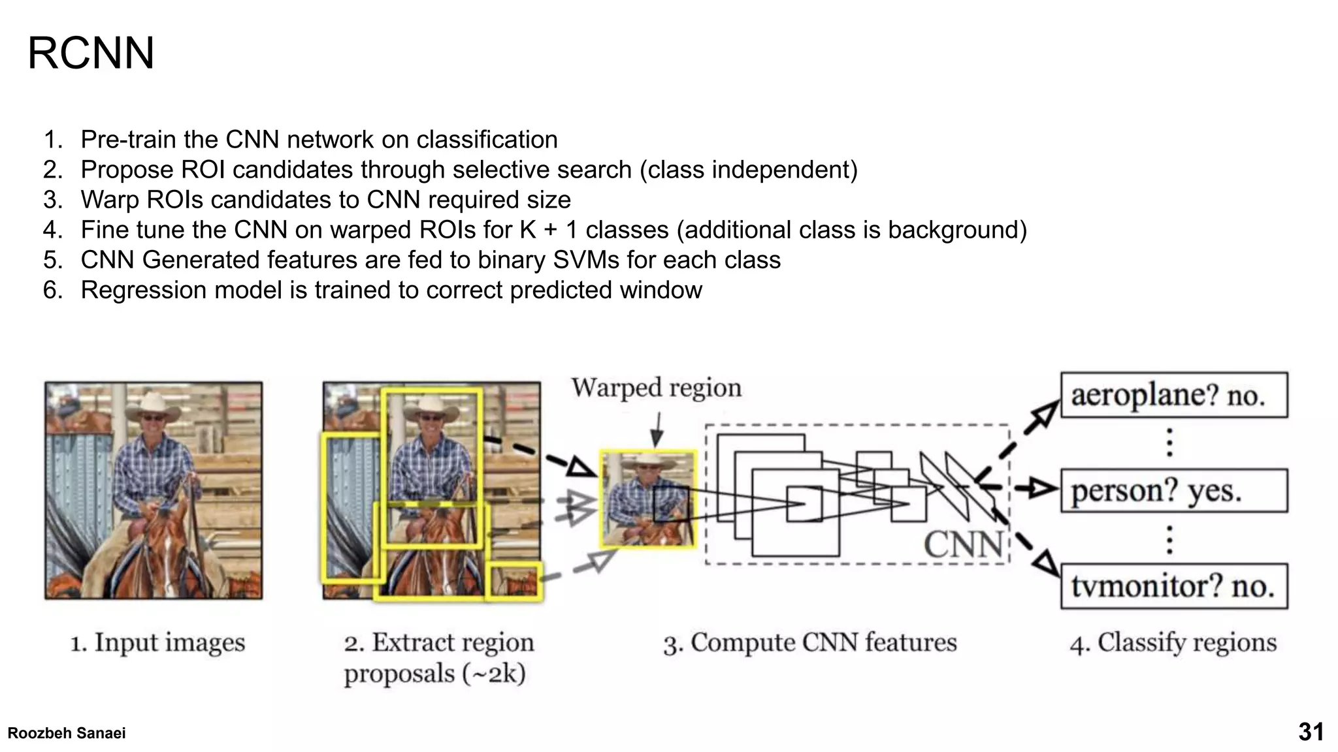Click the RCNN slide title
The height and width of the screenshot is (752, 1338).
[91, 53]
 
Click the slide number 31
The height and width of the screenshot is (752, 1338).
[1311, 732]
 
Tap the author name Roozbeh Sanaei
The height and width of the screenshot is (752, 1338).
[67, 733]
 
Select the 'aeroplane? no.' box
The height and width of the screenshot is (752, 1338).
[1173, 395]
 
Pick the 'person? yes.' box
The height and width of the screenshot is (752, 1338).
[1173, 490]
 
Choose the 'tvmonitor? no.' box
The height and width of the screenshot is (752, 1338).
[1173, 586]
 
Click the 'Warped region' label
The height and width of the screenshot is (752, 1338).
[656, 388]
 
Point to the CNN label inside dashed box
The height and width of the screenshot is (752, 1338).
[963, 544]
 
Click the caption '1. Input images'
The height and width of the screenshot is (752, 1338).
[157, 642]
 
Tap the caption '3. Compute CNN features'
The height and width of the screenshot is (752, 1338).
[809, 642]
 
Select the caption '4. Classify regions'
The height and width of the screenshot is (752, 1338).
[1173, 642]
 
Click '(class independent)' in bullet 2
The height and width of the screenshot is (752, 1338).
[748, 170]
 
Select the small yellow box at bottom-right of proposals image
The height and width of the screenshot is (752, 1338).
[514, 580]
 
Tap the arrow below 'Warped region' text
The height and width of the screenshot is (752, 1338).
[657, 429]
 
